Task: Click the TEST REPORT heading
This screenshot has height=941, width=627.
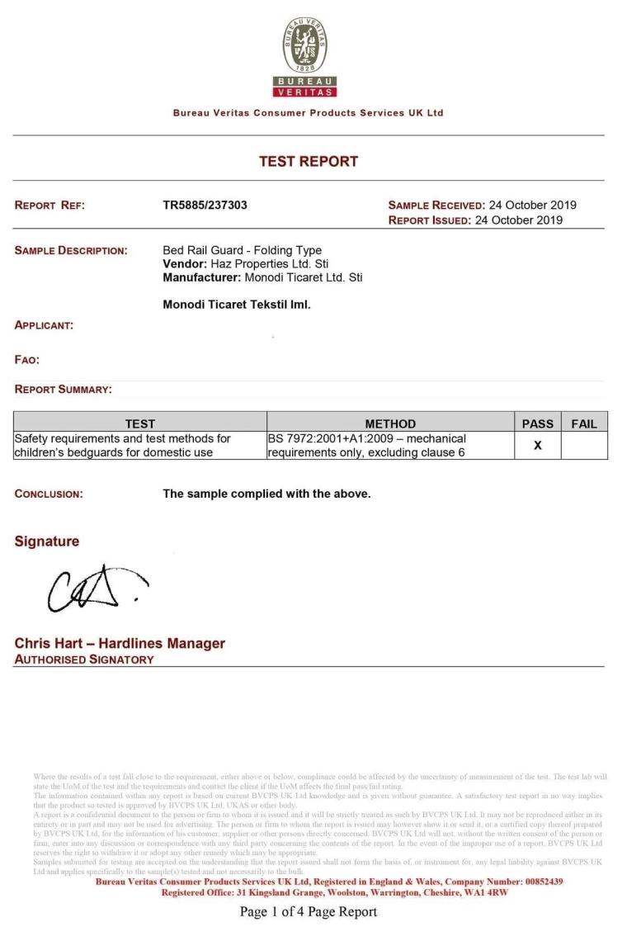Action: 309,162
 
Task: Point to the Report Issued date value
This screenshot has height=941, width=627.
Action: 518,220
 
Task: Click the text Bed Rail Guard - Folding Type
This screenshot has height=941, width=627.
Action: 243,250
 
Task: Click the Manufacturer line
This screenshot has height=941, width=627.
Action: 262,277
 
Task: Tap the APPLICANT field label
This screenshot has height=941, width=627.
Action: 44,326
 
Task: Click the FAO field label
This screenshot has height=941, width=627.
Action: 27,359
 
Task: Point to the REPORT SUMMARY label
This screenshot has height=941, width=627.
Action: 64,390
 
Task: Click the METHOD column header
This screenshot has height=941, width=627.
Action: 390,424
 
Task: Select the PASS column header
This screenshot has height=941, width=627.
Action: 538,424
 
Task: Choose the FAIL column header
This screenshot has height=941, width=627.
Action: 583,424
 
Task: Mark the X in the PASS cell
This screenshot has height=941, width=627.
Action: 538,446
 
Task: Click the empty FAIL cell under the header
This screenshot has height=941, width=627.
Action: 583,446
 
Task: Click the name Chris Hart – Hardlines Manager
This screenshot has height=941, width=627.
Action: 120,644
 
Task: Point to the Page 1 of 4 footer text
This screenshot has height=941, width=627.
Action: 308,912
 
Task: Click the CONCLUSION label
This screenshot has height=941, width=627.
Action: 49,494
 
